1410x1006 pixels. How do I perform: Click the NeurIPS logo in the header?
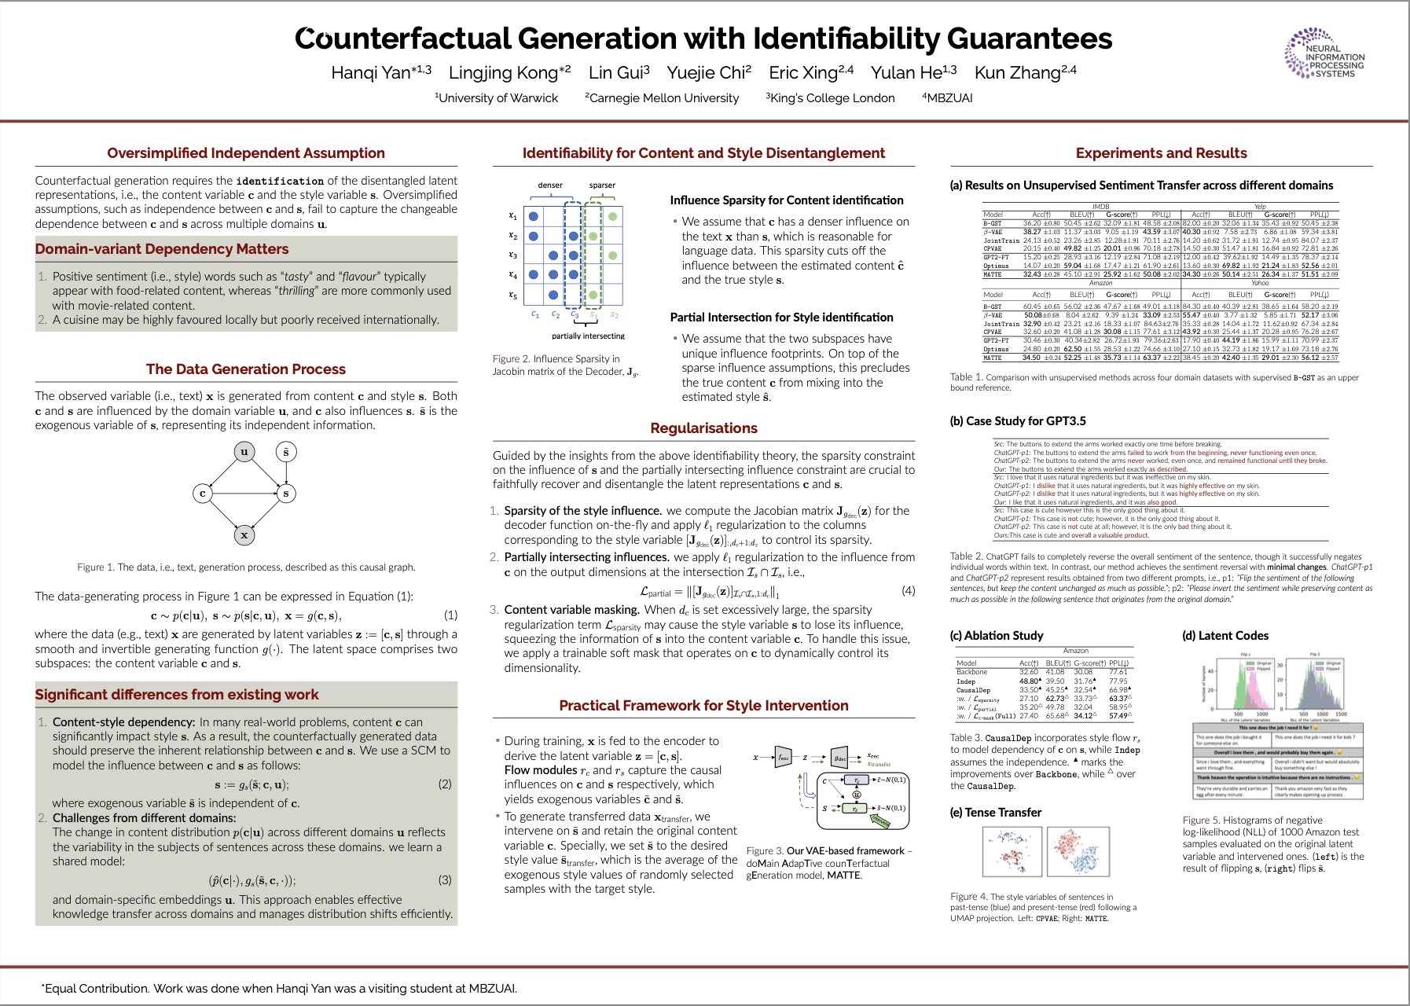pyautogui.click(x=1324, y=54)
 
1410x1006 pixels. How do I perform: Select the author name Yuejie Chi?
pyautogui.click(x=709, y=73)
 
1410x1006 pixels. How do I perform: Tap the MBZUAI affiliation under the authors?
pyautogui.click(x=948, y=98)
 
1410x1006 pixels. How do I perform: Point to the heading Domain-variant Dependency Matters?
pyautogui.click(x=162, y=249)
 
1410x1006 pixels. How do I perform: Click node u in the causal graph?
pyautogui.click(x=244, y=452)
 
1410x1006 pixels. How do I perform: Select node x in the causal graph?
pyautogui.click(x=244, y=535)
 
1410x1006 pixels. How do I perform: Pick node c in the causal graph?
pyautogui.click(x=203, y=494)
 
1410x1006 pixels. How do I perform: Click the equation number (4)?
pyautogui.click(x=908, y=590)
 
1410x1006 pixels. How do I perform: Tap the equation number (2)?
pyautogui.click(x=445, y=784)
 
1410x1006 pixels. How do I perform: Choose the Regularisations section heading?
pyautogui.click(x=703, y=428)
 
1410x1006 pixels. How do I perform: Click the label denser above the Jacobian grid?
pyautogui.click(x=550, y=185)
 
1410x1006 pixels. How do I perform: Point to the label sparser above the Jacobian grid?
pyautogui.click(x=602, y=185)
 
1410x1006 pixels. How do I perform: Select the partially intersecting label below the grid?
pyautogui.click(x=588, y=336)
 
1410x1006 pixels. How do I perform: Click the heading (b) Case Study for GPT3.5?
pyautogui.click(x=1018, y=421)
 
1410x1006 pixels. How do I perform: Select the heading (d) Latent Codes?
pyautogui.click(x=1225, y=636)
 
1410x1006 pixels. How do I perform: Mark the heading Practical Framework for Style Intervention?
pyautogui.click(x=703, y=706)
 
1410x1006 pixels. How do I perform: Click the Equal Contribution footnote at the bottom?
pyautogui.click(x=279, y=989)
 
